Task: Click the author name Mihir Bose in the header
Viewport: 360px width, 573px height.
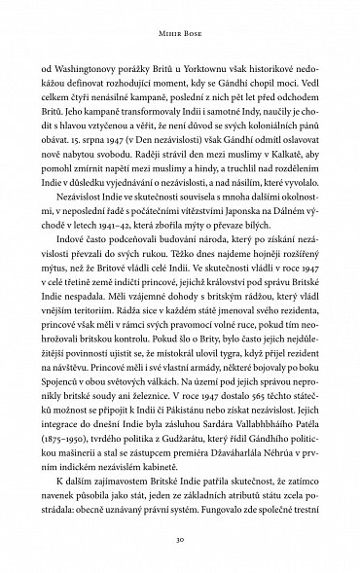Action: (180, 30)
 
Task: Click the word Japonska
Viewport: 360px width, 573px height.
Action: (228, 222)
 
